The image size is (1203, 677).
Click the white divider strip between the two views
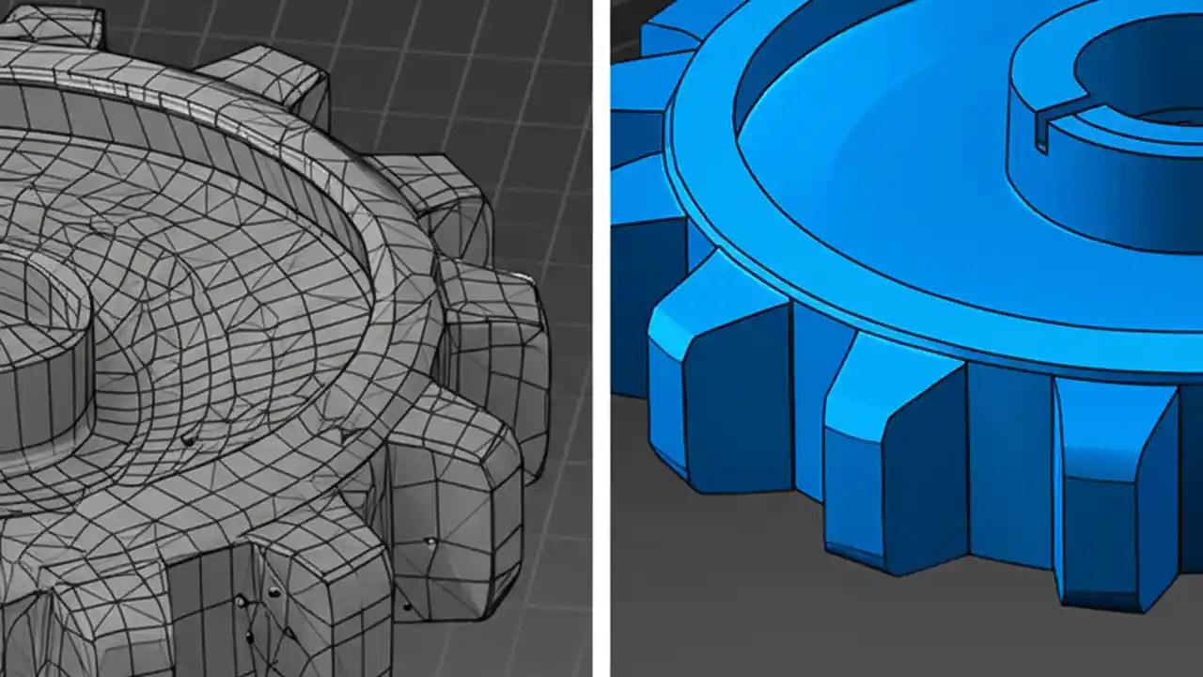tap(601, 338)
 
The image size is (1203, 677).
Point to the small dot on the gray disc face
tap(188, 439)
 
